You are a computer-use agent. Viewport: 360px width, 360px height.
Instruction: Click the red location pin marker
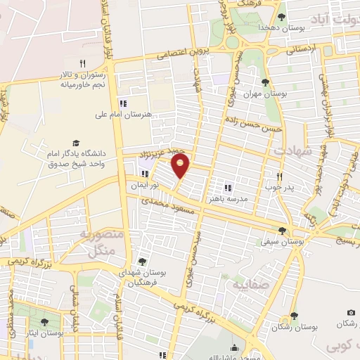point(182,166)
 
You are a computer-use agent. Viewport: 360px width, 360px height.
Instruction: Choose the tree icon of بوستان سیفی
point(283,230)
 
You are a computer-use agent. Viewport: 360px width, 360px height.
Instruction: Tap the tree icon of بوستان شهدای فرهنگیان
point(143,261)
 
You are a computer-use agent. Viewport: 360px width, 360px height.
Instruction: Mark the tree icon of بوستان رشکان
point(293,316)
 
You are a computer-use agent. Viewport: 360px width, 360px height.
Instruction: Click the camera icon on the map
point(351,312)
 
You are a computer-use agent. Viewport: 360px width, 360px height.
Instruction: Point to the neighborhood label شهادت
point(288,150)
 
